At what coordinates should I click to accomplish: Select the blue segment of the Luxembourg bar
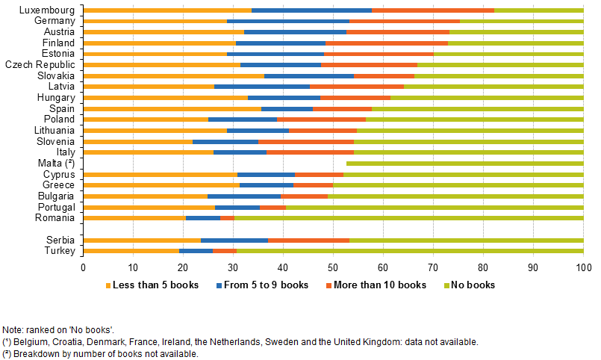[x=311, y=10]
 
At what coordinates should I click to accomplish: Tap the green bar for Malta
[x=464, y=163]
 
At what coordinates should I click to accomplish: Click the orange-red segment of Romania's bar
[x=227, y=218]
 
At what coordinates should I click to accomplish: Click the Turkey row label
[x=60, y=251]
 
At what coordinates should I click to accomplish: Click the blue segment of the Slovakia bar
[x=308, y=76]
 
